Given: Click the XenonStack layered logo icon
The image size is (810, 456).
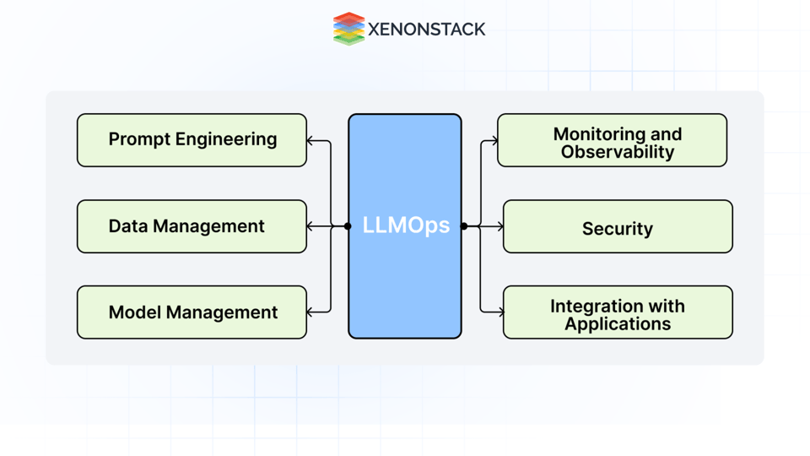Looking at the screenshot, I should [x=348, y=29].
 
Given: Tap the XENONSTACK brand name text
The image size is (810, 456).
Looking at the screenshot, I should [x=427, y=30].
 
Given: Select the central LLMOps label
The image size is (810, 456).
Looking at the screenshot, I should [x=405, y=226].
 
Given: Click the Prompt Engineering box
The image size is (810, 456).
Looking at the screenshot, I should [x=192, y=140].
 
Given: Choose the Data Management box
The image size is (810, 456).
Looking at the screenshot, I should [x=192, y=226].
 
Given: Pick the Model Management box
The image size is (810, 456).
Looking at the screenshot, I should [x=192, y=312].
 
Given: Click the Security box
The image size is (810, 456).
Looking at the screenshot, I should [x=618, y=226].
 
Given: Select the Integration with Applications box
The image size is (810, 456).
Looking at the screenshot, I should [x=618, y=312].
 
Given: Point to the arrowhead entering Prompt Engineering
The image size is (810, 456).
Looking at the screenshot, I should [x=310, y=141].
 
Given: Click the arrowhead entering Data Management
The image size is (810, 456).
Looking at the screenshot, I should [x=310, y=226].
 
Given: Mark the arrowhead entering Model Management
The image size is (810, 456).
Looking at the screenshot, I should [x=310, y=312].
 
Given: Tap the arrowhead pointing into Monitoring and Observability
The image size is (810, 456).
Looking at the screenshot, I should [x=494, y=141].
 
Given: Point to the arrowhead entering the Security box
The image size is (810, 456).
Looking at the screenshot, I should [x=499, y=226].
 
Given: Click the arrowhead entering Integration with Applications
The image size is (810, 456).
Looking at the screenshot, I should [x=499, y=312].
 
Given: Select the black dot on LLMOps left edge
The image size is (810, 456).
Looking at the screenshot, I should [x=348, y=226].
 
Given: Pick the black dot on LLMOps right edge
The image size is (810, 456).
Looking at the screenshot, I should [x=464, y=226].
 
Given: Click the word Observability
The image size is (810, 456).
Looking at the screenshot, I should [x=618, y=153].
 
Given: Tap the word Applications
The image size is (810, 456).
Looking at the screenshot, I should [x=618, y=324].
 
